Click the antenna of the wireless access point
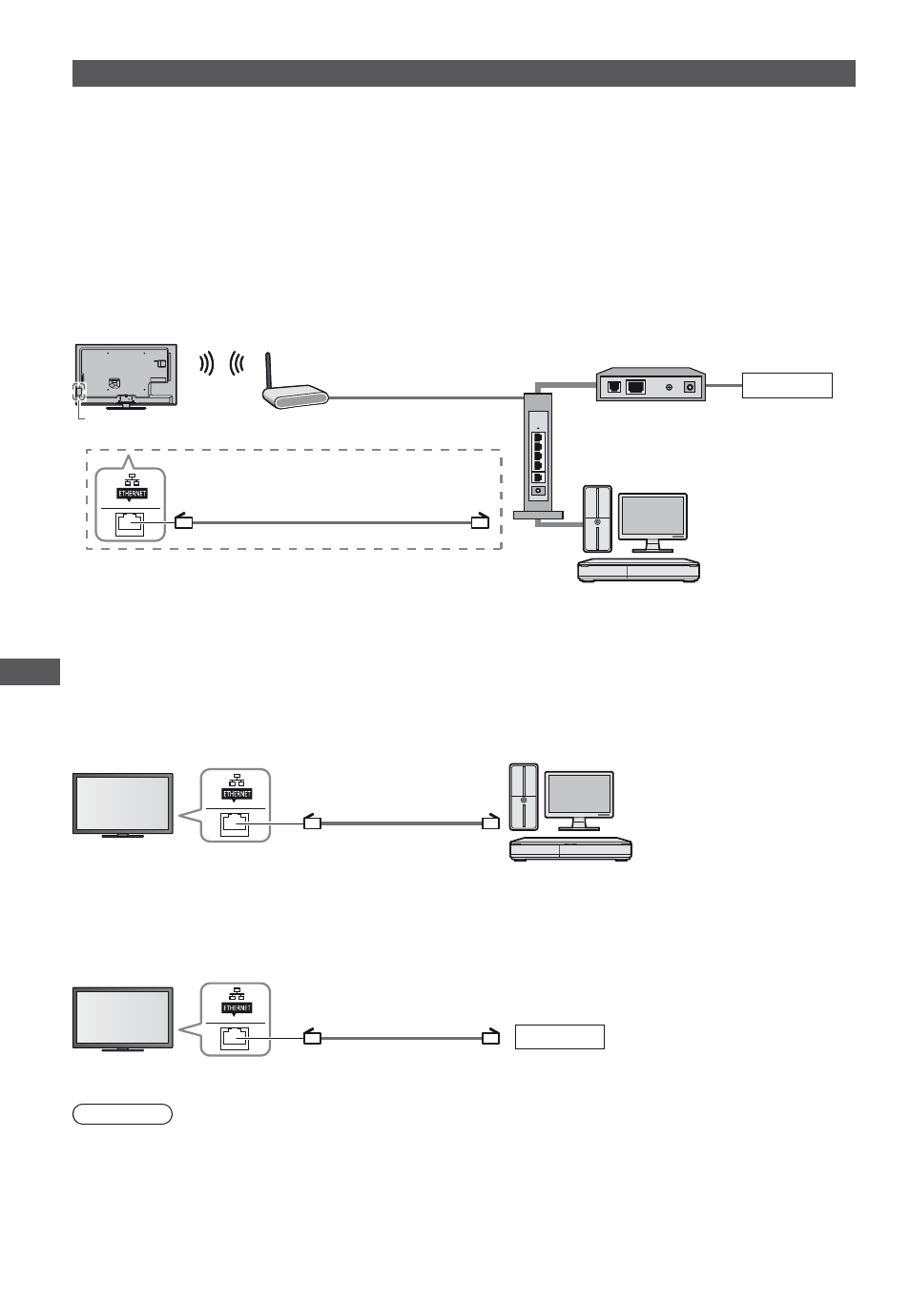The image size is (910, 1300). tap(269, 372)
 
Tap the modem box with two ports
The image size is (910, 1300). tap(651, 384)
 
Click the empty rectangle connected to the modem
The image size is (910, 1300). tap(787, 385)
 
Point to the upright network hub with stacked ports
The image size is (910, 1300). tap(538, 456)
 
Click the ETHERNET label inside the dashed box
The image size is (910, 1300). tap(132, 494)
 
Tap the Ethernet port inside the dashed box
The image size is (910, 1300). tap(130, 524)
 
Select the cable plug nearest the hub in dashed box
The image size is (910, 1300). tap(480, 521)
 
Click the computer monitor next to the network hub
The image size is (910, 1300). tap(652, 522)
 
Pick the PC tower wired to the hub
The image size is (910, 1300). tap(597, 518)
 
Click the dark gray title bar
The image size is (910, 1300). tap(464, 73)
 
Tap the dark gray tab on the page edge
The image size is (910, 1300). tap(30, 672)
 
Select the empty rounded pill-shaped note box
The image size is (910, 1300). tap(122, 1114)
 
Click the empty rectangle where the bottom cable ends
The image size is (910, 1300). tap(560, 1037)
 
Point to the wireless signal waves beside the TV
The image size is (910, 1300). tap(221, 363)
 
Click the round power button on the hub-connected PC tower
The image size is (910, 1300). tap(597, 522)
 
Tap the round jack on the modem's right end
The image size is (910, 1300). tap(690, 387)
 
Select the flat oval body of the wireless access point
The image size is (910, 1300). tap(296, 397)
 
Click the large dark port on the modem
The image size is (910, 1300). tap(636, 387)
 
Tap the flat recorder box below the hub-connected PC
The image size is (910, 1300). tap(638, 570)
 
